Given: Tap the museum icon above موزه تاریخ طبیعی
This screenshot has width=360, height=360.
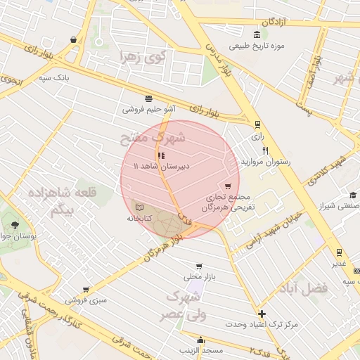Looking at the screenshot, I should coord(257,34).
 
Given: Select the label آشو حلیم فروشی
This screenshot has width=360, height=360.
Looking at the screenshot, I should coord(149,109).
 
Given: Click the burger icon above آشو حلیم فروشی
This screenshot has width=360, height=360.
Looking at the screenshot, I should coord(148,98).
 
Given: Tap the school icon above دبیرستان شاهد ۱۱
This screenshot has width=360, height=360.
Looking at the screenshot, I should coord(161,156).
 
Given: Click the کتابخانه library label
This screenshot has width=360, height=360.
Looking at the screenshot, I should coord(139,219).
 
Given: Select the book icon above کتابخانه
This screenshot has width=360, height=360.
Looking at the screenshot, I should coord(139,208).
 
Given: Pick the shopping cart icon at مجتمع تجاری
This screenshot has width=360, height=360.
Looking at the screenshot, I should coord(227,186).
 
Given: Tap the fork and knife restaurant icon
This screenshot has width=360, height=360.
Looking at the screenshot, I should coord(265,150).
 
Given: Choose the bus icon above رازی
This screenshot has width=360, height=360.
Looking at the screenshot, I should coord(257,124).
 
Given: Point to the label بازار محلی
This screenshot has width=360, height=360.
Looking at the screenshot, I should coord(198,278).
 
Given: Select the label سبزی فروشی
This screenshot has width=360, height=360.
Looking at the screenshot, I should coord(86,300).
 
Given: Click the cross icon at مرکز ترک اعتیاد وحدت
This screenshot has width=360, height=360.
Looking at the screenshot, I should coord(262,314).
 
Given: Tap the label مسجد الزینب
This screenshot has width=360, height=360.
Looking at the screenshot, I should coord(201,349).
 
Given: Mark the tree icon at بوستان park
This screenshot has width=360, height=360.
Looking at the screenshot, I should coord(15,225).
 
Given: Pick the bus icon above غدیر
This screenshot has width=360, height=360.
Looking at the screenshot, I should coord(339,252).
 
